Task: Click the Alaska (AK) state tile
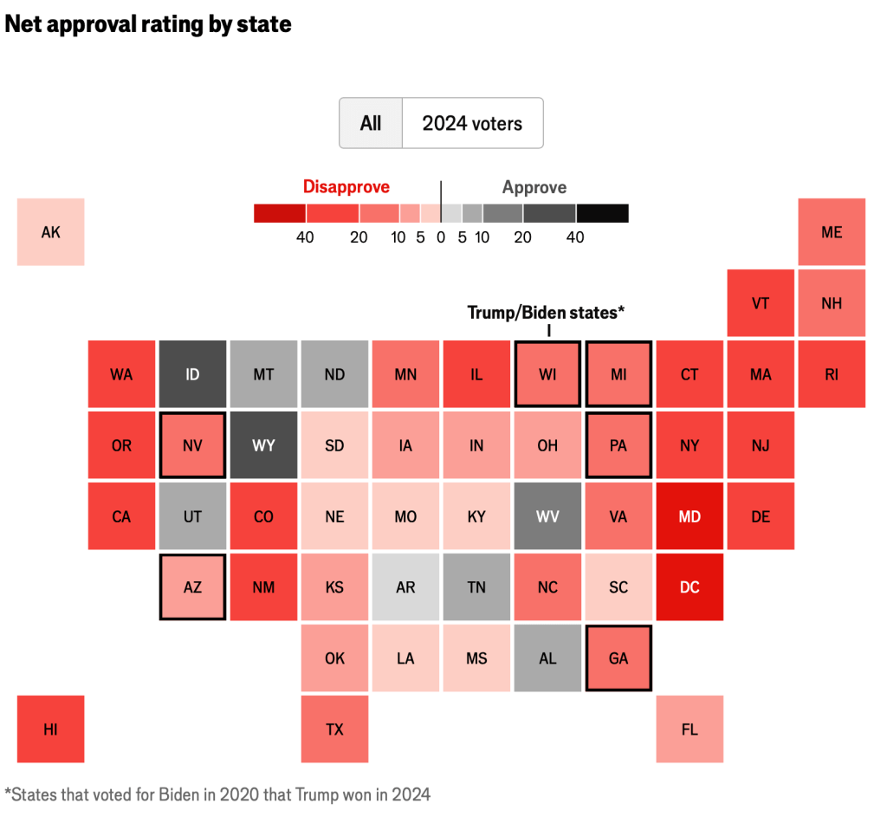coord(51,232)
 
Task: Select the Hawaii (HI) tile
coord(51,729)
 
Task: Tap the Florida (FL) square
coord(690,729)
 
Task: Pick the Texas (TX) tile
coord(334,729)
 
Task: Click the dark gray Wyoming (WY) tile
coord(263,445)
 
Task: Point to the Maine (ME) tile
coord(832,232)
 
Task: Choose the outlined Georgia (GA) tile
coord(618,658)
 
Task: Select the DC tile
coord(690,586)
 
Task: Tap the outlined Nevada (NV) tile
coord(192,445)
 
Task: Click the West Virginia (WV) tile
coord(547,516)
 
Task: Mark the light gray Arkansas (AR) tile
coord(405,586)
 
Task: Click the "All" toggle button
coord(371,123)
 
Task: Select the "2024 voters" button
coord(472,123)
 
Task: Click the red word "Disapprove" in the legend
coord(346,187)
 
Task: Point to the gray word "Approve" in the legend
coord(534,187)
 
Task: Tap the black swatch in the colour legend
coord(602,213)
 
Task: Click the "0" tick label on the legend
coord(441,237)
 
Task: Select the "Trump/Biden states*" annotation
coord(546,313)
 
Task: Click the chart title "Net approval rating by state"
coord(148,24)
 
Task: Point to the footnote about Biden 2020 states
coord(217,794)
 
